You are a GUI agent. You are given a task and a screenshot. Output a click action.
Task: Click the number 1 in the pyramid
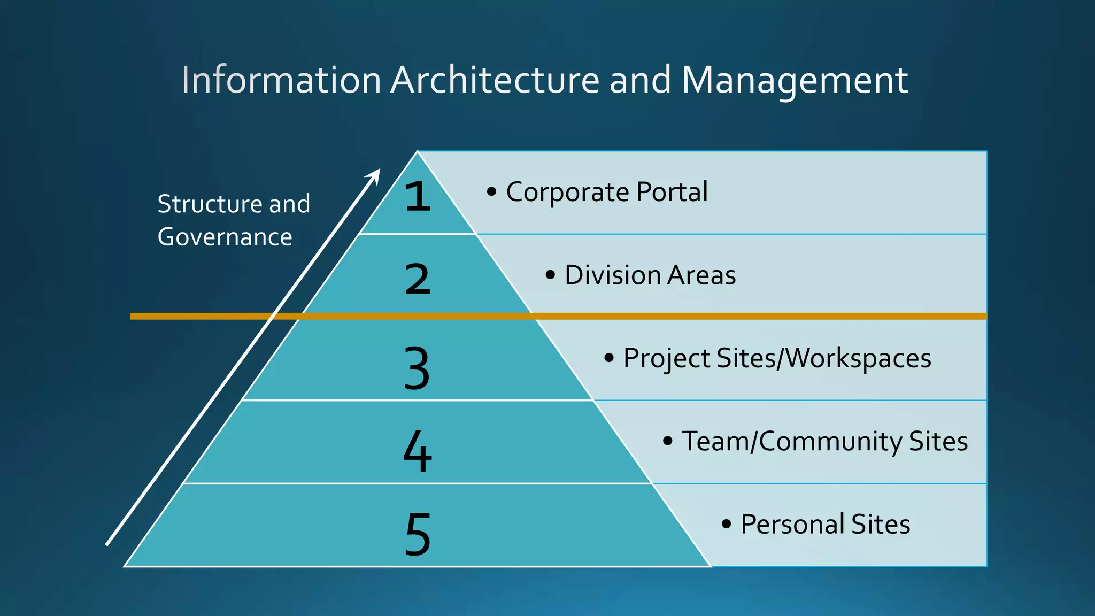tap(418, 196)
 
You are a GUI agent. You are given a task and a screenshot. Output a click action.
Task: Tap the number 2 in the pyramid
tap(418, 279)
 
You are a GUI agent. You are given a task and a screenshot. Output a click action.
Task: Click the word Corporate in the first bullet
tap(567, 192)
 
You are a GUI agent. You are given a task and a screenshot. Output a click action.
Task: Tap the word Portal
tap(672, 192)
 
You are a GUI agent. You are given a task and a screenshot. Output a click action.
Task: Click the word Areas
tap(701, 275)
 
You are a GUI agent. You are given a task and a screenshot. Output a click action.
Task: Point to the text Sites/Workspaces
tap(823, 358)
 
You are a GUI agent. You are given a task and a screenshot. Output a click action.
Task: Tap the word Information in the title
tap(281, 80)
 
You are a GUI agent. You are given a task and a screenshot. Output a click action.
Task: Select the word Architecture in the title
tap(495, 80)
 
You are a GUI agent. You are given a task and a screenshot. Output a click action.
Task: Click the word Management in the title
tap(795, 80)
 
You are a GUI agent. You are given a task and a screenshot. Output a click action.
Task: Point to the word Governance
tap(225, 237)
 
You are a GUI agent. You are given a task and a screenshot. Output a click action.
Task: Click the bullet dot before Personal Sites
tap(726, 524)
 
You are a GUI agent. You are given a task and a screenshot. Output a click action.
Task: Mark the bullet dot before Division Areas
tap(550, 275)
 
